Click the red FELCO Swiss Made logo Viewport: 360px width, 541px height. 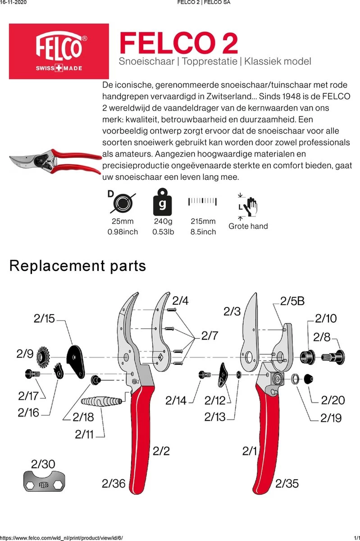(x=59, y=51)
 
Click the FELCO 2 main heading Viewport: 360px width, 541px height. (x=178, y=44)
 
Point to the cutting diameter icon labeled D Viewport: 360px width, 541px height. (x=120, y=202)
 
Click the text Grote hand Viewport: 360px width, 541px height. (x=248, y=226)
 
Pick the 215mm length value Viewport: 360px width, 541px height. (x=202, y=221)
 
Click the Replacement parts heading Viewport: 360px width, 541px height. (x=77, y=266)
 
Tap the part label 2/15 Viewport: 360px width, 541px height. (x=44, y=319)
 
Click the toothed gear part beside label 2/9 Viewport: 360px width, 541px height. (x=45, y=356)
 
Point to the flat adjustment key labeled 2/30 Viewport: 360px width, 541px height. (x=43, y=484)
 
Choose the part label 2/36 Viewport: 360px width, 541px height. (x=114, y=484)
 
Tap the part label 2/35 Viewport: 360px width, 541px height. (x=287, y=484)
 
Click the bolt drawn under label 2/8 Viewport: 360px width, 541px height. (x=333, y=356)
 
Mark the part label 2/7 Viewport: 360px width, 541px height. (x=210, y=335)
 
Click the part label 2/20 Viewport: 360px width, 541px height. (x=333, y=400)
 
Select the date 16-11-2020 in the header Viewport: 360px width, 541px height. (x=14, y=3)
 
